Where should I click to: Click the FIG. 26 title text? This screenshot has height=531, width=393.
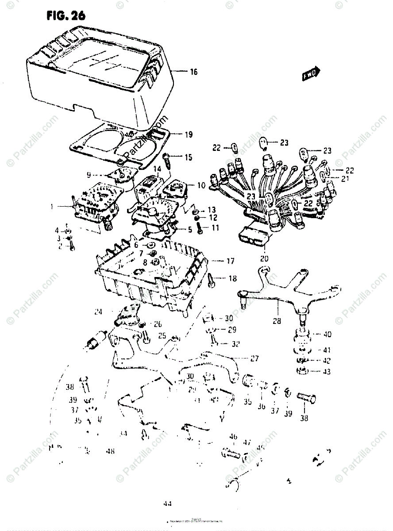[65, 16]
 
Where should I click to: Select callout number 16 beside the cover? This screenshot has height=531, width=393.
[193, 72]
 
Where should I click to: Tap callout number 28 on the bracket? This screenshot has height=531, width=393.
[277, 321]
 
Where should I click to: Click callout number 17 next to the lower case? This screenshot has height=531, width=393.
[230, 262]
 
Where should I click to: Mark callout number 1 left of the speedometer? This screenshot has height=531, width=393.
[52, 206]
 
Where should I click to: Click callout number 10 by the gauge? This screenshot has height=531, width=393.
[201, 186]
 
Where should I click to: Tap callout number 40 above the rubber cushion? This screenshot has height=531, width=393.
[327, 334]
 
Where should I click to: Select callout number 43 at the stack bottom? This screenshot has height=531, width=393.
[327, 372]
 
